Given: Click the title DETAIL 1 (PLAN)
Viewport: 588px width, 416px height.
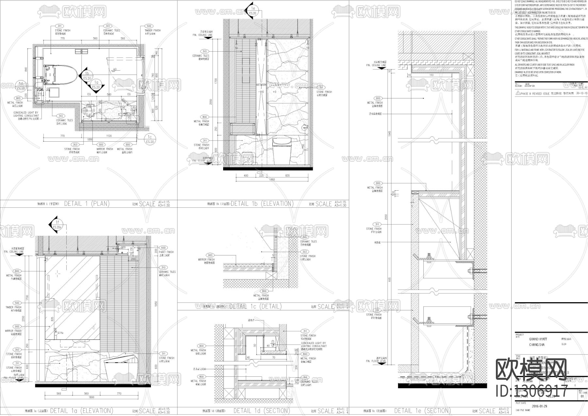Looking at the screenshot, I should click(87, 203).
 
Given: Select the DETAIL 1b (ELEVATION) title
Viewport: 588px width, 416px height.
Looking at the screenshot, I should click(262, 203).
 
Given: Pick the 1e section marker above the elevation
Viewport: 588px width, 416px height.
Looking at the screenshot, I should click(252, 10).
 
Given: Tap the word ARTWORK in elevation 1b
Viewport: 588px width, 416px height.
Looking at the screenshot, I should click(262, 85).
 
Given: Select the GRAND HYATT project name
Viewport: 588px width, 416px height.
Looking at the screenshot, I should click(538, 339).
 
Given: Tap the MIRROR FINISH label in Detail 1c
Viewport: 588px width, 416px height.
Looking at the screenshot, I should click(206, 260).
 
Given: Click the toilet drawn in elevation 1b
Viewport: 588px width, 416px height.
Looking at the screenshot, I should click(281, 149).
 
